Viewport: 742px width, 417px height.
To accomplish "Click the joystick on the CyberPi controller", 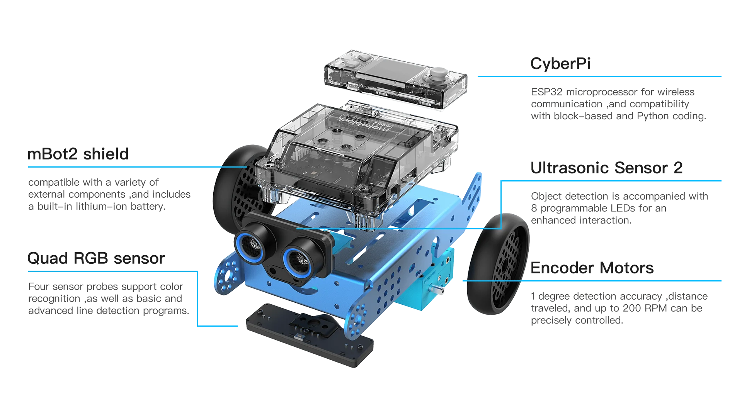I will [x=439, y=73].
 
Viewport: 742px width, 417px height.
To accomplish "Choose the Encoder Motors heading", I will [x=592, y=268].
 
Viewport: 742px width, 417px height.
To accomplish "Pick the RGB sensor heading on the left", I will [x=97, y=258].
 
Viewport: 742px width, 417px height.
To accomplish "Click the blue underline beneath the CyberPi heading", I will [x=599, y=76].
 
